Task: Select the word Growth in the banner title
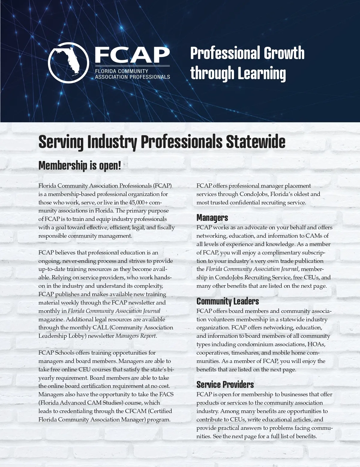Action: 284,53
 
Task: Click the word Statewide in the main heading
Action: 255,142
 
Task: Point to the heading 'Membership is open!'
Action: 80,165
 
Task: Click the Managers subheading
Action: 212,218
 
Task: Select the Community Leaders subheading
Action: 227,301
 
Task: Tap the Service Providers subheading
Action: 225,385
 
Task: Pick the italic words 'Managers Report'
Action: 136,336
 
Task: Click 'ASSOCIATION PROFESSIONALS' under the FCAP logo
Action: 132,77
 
